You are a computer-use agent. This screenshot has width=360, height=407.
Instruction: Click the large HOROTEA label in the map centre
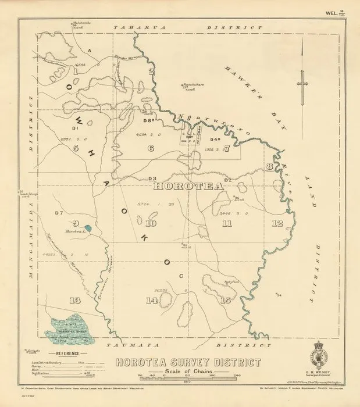click(x=188, y=187)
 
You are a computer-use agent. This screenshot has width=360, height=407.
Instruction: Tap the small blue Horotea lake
click(x=87, y=230)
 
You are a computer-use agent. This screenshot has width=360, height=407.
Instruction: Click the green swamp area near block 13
click(x=73, y=330)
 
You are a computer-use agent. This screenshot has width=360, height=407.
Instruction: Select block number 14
click(x=152, y=300)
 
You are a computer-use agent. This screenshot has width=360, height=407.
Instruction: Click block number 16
click(x=226, y=300)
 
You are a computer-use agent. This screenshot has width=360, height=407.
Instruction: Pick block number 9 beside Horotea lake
click(x=75, y=223)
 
